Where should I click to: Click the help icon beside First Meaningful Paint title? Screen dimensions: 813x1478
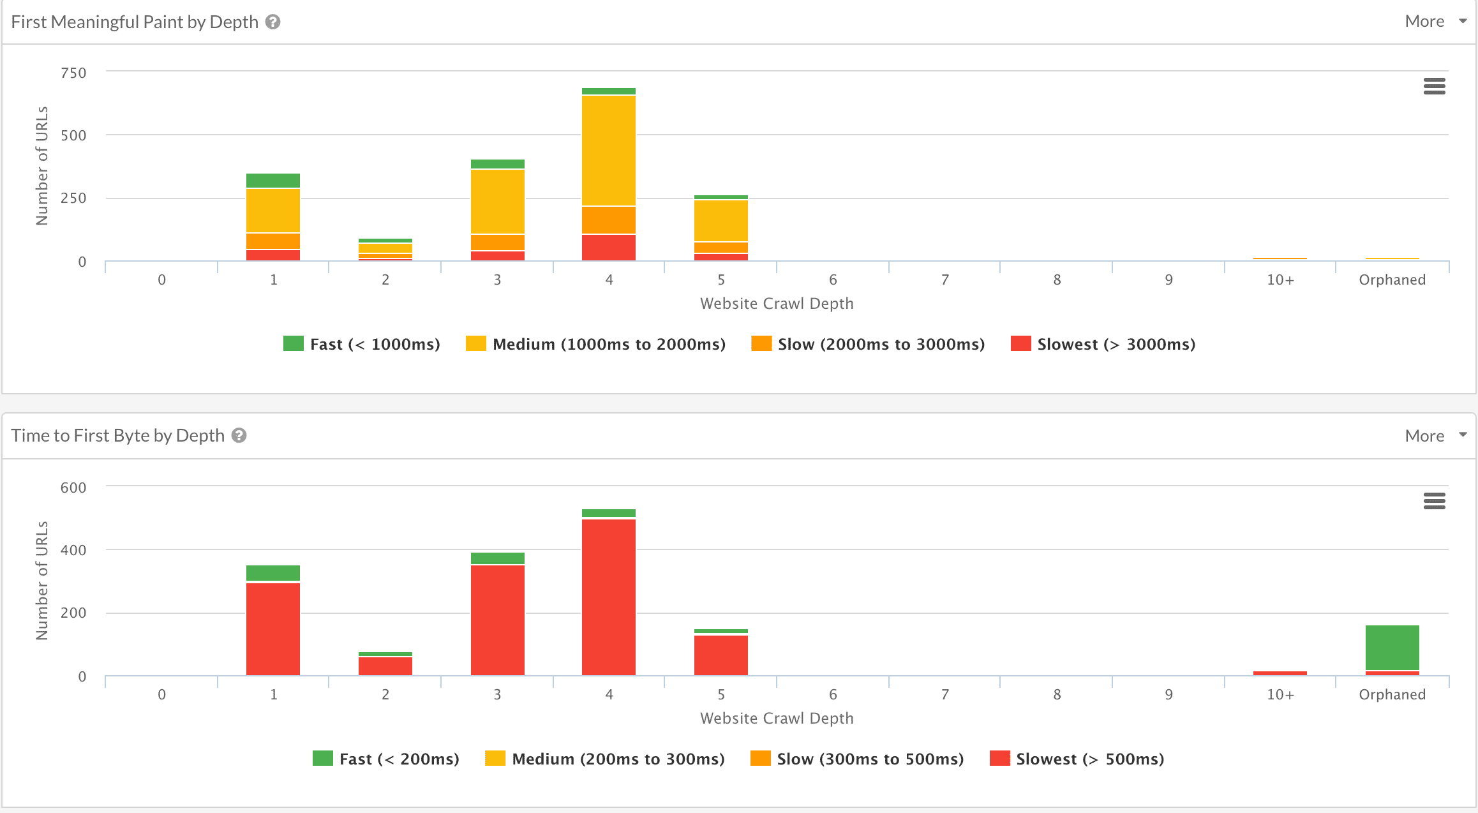click(273, 22)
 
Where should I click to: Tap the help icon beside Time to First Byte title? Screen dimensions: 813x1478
click(239, 436)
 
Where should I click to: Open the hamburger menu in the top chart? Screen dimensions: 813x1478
click(1434, 86)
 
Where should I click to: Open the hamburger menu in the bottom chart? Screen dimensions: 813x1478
click(1434, 501)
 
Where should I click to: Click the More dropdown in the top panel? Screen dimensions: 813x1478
click(1435, 22)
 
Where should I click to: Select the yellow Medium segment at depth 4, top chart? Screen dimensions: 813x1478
click(609, 151)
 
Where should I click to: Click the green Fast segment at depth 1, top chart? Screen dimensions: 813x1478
click(273, 181)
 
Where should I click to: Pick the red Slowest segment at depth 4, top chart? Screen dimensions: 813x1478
click(609, 248)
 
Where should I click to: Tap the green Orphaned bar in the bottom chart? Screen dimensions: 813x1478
click(1392, 647)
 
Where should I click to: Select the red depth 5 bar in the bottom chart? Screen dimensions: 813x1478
click(721, 655)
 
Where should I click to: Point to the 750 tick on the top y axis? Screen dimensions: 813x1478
click(73, 73)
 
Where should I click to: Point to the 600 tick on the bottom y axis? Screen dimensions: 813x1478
click(73, 488)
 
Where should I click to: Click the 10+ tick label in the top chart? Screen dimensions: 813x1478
click(1280, 280)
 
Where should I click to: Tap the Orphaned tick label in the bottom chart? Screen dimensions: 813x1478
click(1392, 695)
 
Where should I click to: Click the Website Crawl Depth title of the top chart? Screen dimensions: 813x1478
click(777, 304)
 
